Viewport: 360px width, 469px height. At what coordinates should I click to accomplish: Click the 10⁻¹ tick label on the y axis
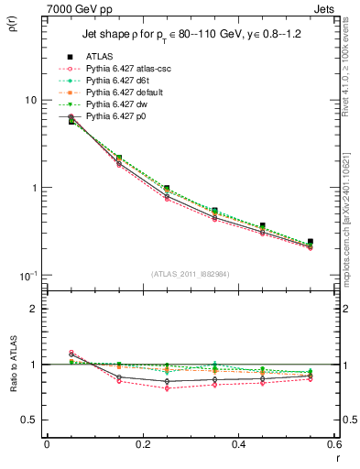pos(28,276)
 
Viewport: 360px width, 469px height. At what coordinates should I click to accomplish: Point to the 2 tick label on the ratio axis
pos(34,309)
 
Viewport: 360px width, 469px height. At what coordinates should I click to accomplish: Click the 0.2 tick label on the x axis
pos(142,444)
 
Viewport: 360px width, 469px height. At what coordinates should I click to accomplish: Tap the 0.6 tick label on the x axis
pos(334,444)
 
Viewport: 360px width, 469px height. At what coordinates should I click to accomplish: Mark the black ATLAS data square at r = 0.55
pos(311,242)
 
